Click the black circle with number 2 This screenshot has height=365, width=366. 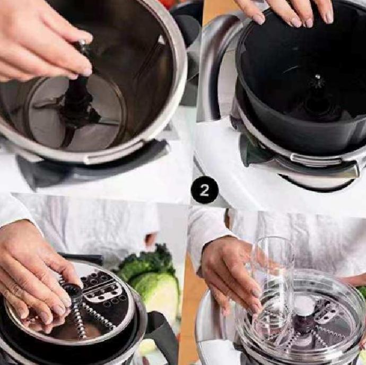tap(204, 190)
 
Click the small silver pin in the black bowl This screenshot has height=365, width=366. tap(317, 76)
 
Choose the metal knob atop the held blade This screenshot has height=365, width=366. tap(83, 43)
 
